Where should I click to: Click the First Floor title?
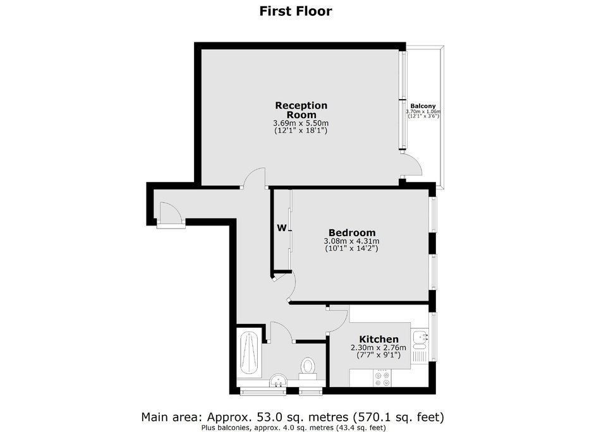[296, 11]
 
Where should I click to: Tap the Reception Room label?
[301, 110]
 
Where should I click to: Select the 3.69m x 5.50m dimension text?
[301, 123]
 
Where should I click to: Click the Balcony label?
[423, 106]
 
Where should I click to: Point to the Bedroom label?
[352, 232]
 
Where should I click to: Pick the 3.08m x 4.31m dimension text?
[351, 241]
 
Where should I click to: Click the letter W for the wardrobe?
[281, 228]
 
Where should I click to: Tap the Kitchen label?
[379, 339]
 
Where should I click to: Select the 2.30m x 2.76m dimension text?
[379, 347]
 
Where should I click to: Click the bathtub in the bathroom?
[249, 352]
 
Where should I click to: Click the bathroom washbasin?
[279, 380]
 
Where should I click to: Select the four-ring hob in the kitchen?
[382, 378]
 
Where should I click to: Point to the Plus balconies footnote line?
[294, 428]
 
